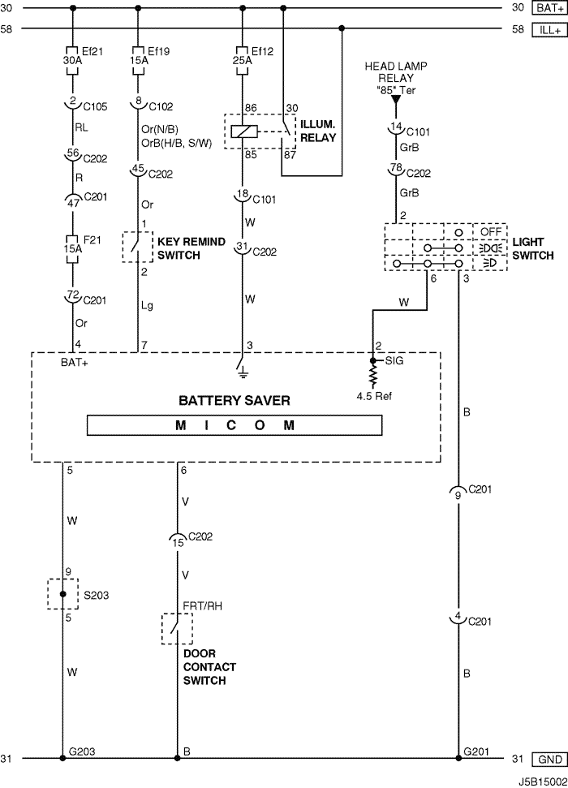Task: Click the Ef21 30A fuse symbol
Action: [x=73, y=60]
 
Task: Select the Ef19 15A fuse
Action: [x=138, y=60]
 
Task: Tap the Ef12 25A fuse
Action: [x=243, y=60]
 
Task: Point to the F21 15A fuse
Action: [x=73, y=249]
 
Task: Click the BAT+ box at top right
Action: [x=549, y=7]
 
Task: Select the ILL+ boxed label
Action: [x=549, y=30]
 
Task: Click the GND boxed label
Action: [x=549, y=759]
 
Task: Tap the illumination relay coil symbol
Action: [x=243, y=131]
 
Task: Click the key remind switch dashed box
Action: [x=138, y=247]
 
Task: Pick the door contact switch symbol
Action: [x=177, y=629]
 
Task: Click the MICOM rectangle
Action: [x=235, y=425]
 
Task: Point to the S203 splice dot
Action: [x=62, y=594]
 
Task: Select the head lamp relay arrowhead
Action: [x=396, y=100]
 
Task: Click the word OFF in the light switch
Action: [x=491, y=231]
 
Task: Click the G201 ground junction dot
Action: [x=458, y=758]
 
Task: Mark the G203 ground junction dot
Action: [x=62, y=758]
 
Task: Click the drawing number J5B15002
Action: [x=542, y=782]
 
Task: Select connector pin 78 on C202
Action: [x=396, y=168]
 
